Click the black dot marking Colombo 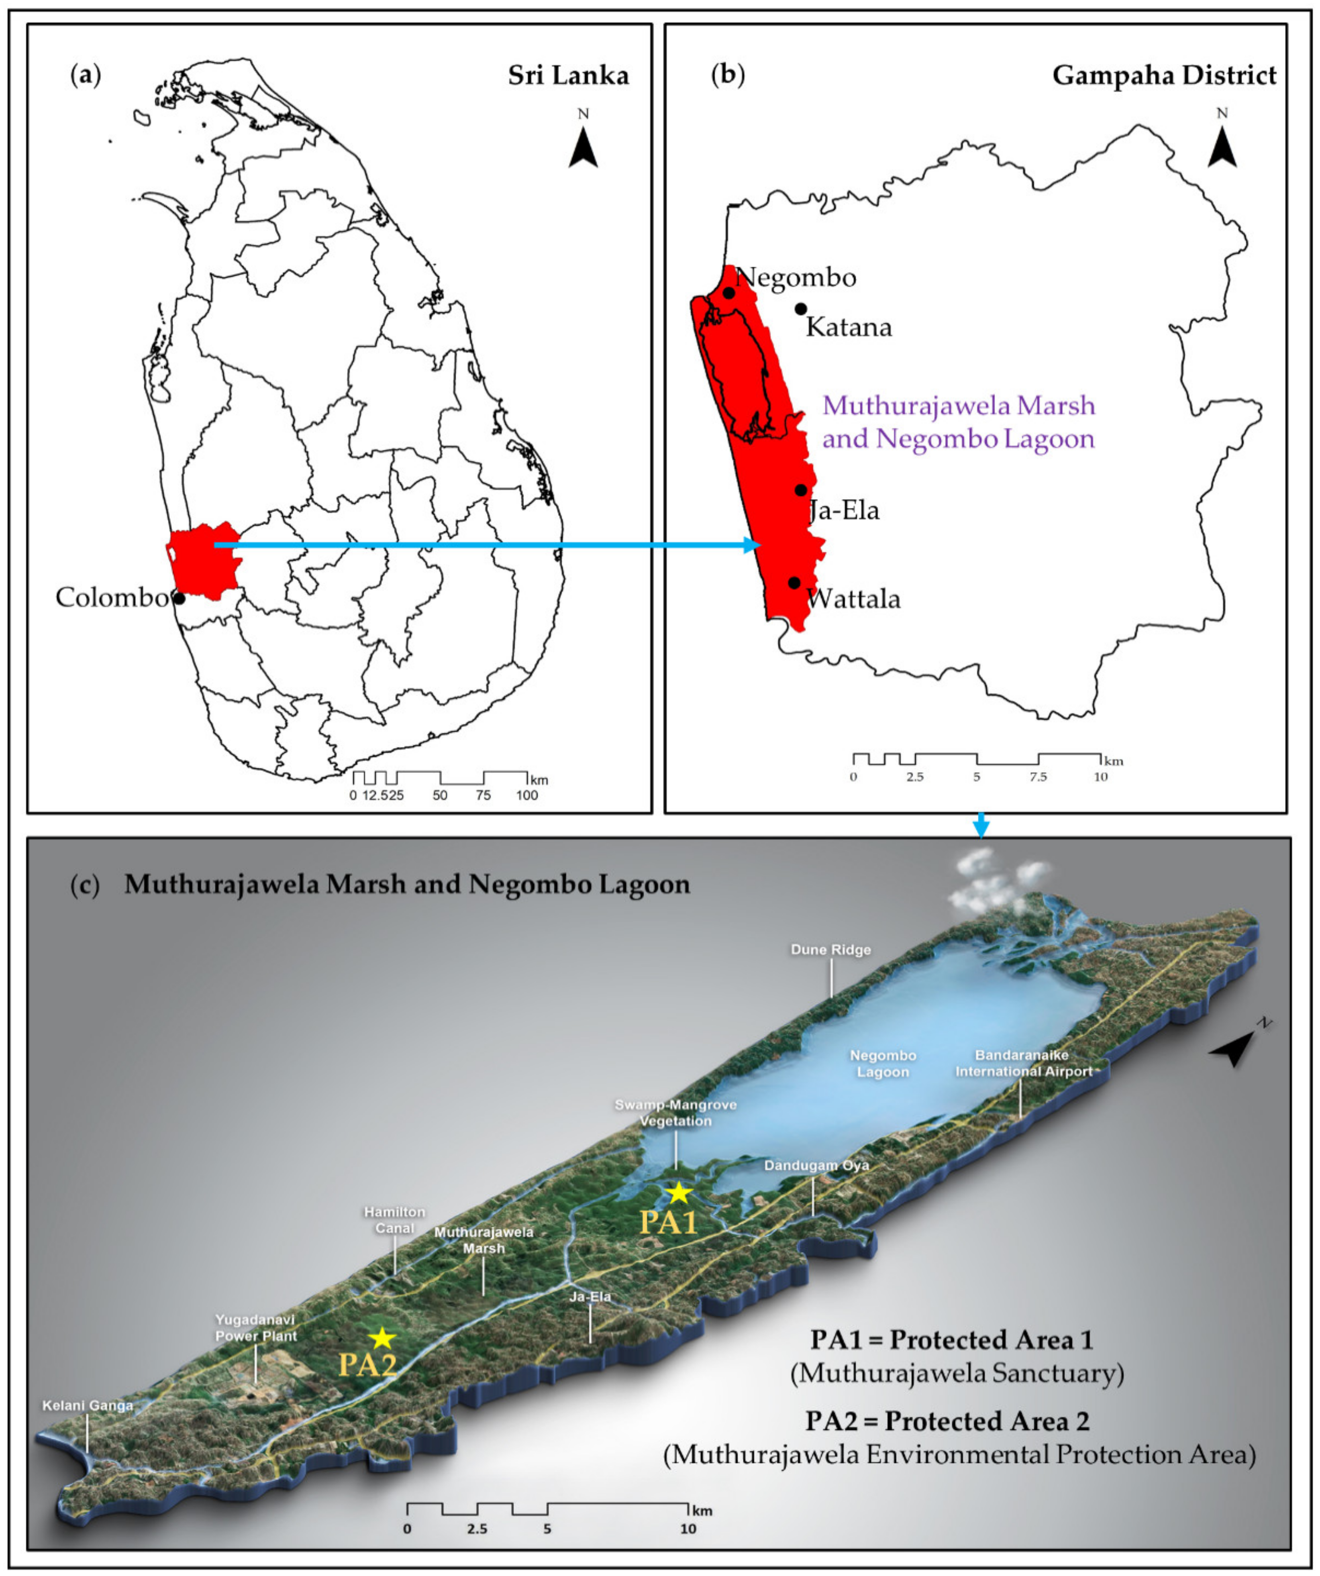tap(179, 598)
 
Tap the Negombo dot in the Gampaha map tap(728, 293)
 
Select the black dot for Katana tap(801, 308)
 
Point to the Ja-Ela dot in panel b tap(801, 490)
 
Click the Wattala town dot tap(794, 582)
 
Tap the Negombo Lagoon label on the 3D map tap(883, 1063)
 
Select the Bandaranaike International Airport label tap(1024, 1063)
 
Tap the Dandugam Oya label tap(816, 1166)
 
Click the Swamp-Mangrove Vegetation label tap(675, 1113)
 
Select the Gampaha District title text tap(1164, 76)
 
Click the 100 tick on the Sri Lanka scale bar tap(527, 795)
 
